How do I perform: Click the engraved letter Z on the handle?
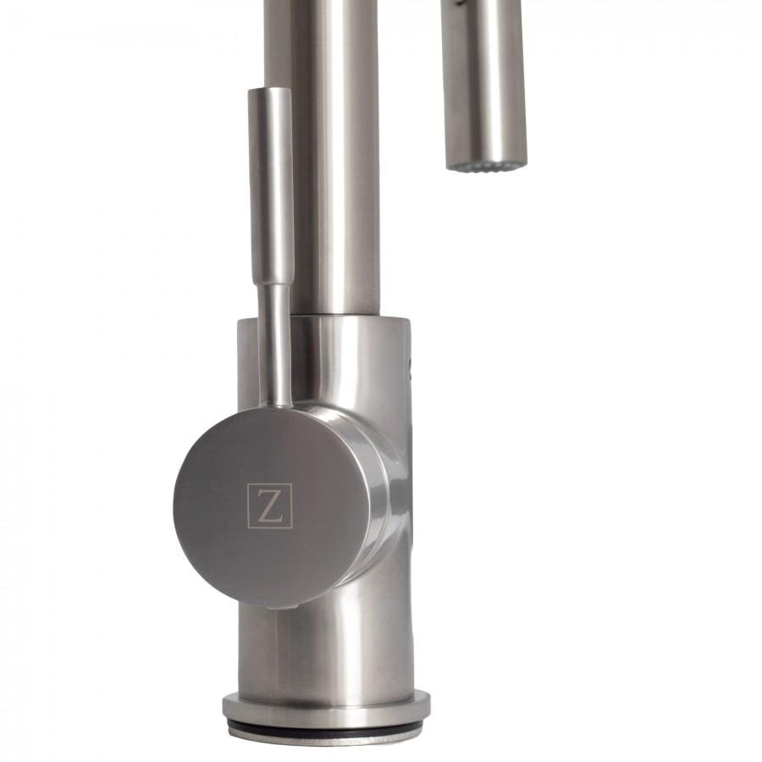[269, 505]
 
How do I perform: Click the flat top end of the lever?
[269, 90]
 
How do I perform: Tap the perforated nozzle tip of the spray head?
[486, 164]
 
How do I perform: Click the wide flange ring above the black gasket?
[326, 706]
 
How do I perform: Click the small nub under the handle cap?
[288, 606]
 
